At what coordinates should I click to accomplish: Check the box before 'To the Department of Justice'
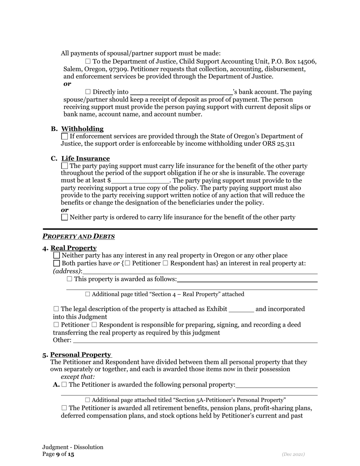click(x=88, y=61)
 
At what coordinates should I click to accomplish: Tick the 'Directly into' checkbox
click(x=88, y=92)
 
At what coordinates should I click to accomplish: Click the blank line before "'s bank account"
click(x=181, y=92)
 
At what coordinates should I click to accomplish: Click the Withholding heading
click(x=82, y=129)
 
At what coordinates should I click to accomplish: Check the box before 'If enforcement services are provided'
click(x=65, y=136)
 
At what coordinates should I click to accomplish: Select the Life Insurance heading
click(x=86, y=158)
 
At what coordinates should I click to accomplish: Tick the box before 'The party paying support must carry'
click(x=65, y=166)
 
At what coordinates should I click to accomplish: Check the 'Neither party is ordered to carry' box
click(x=65, y=217)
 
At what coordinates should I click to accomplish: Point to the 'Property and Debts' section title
click(x=78, y=236)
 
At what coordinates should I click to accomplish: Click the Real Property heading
click(x=74, y=248)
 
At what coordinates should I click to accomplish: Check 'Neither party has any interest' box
click(x=57, y=255)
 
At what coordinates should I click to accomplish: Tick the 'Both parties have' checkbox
click(x=57, y=263)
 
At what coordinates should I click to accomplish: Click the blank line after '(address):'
click(x=200, y=272)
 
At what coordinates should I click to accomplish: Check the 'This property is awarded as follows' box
click(x=69, y=279)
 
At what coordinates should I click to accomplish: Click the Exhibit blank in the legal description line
click(x=241, y=310)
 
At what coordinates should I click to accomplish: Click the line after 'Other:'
click(x=195, y=340)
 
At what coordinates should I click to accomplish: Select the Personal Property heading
click(x=81, y=355)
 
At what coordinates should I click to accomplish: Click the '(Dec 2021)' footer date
click(x=293, y=454)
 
